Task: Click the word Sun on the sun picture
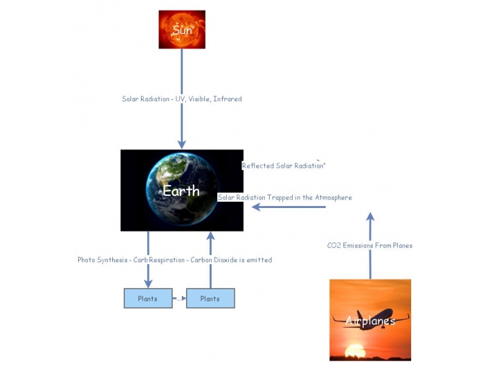pos(182,30)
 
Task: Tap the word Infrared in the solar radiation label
pos(227,99)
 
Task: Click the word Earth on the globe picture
pos(181,191)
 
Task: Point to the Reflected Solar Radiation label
pos(283,166)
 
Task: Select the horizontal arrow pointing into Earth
pos(289,207)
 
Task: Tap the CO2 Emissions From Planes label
pos(370,246)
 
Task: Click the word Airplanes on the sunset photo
pos(370,321)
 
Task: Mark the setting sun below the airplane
pos(355,351)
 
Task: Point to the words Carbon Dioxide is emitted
pos(231,260)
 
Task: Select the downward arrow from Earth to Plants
pos(148,274)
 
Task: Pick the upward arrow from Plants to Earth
pos(210,274)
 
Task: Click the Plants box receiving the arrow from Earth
pos(148,299)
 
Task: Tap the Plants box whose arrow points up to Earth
pos(210,299)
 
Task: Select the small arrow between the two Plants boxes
pos(179,299)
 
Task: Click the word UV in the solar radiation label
pos(180,99)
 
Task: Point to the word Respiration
pos(167,260)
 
